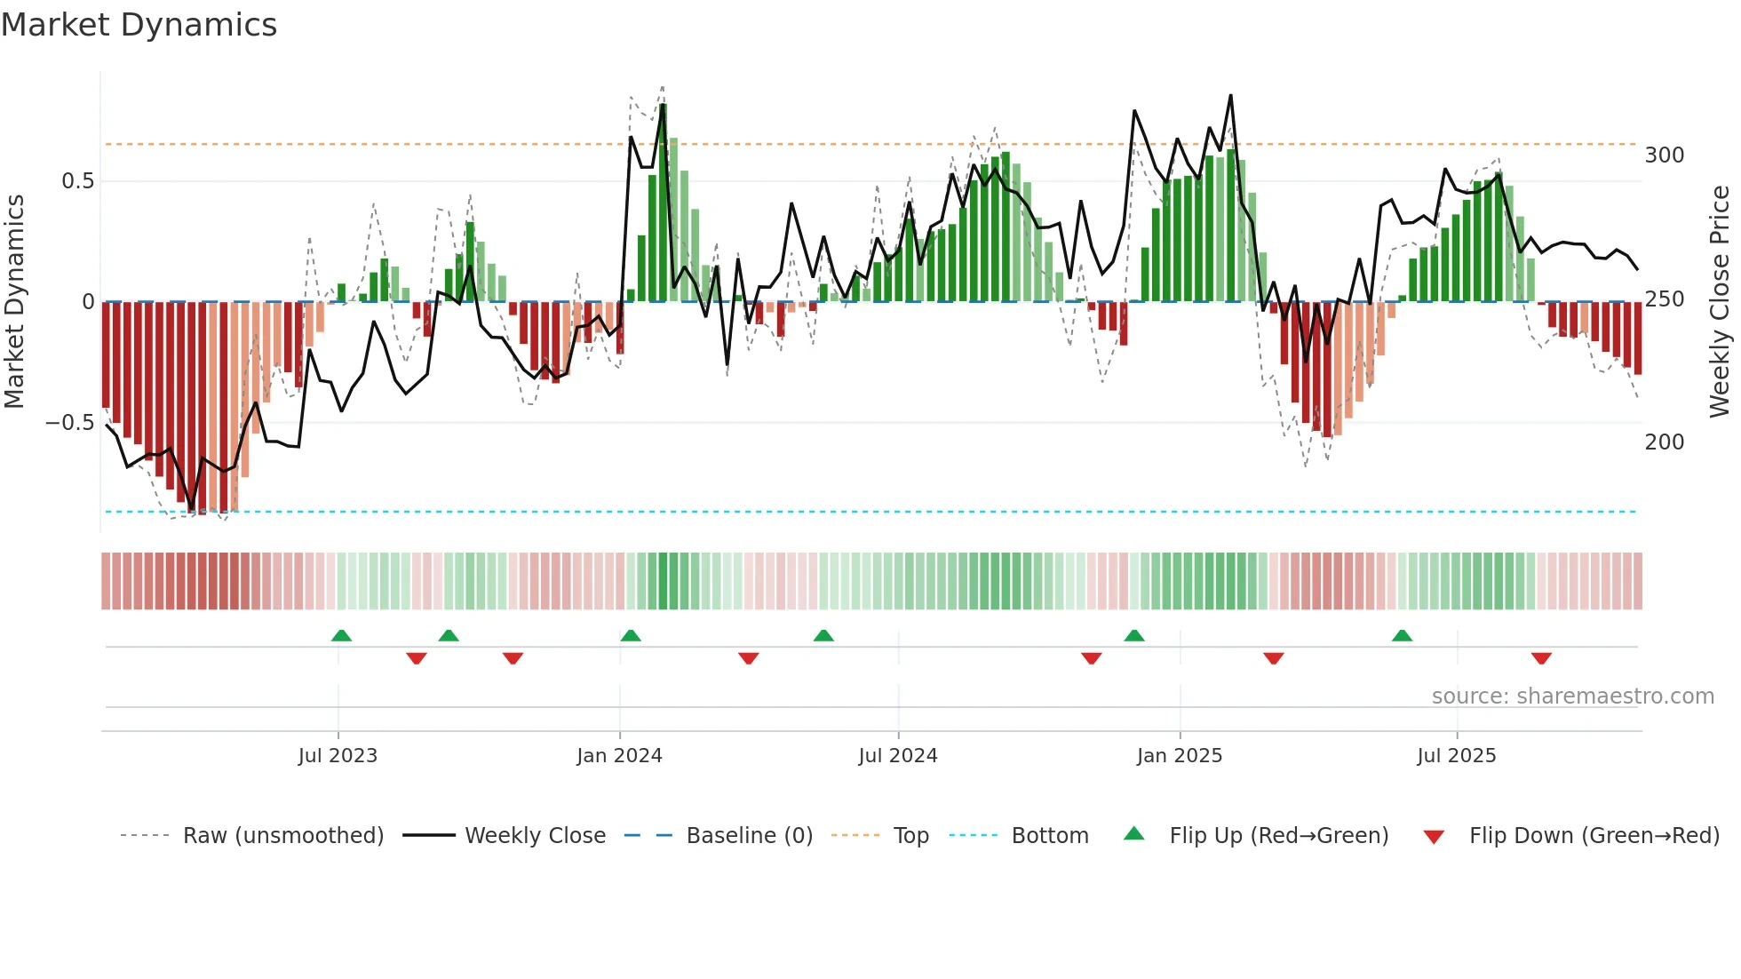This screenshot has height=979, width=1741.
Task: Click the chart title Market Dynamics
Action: [x=139, y=25]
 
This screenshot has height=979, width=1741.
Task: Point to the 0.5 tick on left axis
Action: [x=77, y=181]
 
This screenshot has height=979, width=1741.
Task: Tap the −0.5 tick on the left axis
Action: [x=69, y=423]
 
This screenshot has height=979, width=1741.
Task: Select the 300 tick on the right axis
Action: [x=1664, y=155]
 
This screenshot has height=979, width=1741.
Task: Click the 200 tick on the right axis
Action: [x=1664, y=442]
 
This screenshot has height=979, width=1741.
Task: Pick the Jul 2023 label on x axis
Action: [x=338, y=756]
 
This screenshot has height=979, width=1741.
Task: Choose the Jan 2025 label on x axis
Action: [x=1179, y=756]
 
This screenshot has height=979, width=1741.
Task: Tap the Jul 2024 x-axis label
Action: [x=897, y=756]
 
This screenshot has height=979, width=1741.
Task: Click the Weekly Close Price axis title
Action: [x=1720, y=302]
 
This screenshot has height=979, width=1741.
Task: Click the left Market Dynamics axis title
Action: [x=15, y=302]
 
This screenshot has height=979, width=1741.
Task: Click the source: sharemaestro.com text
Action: [x=1572, y=696]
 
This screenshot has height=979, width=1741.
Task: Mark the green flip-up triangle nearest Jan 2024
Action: [x=631, y=636]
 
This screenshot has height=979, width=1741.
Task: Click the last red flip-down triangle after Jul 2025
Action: [x=1541, y=658]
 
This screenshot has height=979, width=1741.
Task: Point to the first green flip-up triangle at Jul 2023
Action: [x=341, y=636]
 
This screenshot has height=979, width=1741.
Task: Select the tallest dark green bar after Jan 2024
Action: [x=663, y=203]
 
